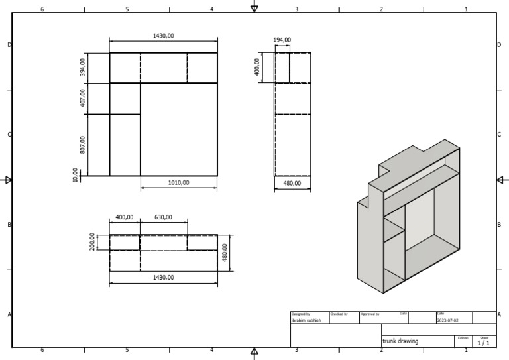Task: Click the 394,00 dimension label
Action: pos(82,67)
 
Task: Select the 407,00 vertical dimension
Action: pos(82,98)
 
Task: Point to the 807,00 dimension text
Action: pos(82,145)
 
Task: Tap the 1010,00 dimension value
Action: pos(178,182)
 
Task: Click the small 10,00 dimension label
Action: pos(76,175)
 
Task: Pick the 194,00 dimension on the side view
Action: pos(282,40)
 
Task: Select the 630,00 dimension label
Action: pos(163,217)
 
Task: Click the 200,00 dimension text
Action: pos(92,242)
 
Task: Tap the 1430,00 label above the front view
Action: pos(163,36)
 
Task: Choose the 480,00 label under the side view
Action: pos(292,183)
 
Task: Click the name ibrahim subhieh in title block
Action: pos(306,320)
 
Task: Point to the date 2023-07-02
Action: pos(447,320)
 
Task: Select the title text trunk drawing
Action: pos(400,341)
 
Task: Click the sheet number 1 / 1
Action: pos(483,343)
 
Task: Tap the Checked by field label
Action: pos(338,314)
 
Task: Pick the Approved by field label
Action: pos(369,314)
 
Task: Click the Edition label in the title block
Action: pos(463,337)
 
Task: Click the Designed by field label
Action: pos(300,314)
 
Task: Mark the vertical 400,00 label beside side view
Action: pos(257,67)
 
